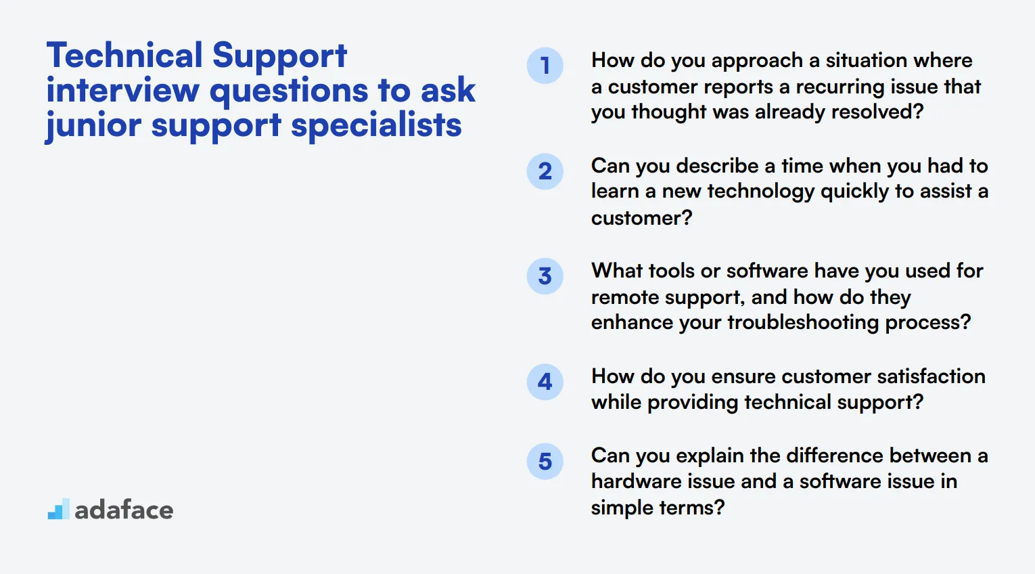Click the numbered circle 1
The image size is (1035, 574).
tap(545, 66)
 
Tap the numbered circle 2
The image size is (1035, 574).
tap(545, 171)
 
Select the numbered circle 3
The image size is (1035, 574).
tap(545, 276)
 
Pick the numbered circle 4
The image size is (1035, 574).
tap(545, 382)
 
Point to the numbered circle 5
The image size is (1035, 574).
tap(545, 462)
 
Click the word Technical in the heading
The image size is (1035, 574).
tap(124, 56)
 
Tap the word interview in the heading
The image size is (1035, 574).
tap(122, 91)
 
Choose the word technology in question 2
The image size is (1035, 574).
tap(760, 192)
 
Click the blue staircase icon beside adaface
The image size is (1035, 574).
tap(58, 510)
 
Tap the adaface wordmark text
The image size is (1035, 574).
tap(124, 510)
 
